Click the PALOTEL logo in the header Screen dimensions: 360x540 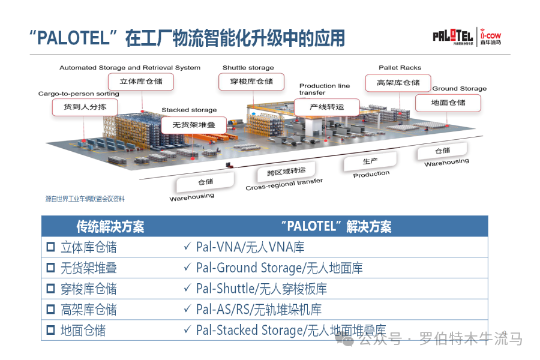(453, 35)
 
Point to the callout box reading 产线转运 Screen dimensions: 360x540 (327, 107)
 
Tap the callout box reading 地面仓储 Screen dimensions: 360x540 (448, 103)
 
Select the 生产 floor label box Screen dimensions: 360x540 (370, 161)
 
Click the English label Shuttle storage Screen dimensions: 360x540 (248, 68)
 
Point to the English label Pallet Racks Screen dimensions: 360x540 (400, 68)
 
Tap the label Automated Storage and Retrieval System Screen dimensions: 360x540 (130, 68)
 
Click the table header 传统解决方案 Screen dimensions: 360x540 (110, 226)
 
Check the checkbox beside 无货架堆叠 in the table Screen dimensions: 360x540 (50, 268)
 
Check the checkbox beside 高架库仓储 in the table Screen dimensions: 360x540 (50, 310)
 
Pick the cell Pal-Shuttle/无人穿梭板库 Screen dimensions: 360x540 (262, 289)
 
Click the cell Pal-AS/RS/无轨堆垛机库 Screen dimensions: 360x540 (259, 310)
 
